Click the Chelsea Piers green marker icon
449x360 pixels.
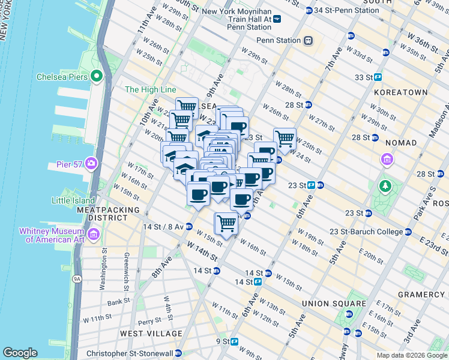(97, 76)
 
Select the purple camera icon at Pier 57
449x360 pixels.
(91, 163)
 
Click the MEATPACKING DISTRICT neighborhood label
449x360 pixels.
(108, 214)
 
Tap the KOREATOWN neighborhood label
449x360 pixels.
(400, 92)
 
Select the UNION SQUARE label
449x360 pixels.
(334, 304)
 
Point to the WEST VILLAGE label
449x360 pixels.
(151, 333)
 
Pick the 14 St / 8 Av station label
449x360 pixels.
(158, 227)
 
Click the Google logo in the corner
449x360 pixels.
(20, 353)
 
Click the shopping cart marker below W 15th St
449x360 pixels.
(227, 224)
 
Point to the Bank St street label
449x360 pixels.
(119, 301)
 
